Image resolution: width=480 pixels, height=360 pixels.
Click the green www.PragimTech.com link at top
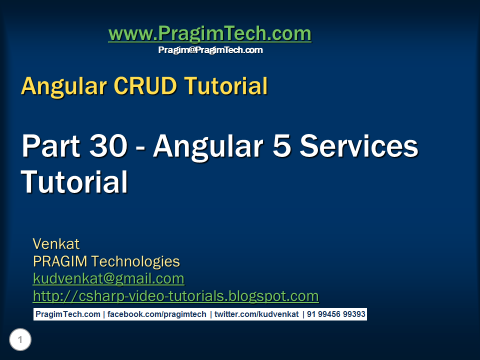coord(209,33)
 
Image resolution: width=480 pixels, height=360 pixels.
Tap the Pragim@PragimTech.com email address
coord(210,50)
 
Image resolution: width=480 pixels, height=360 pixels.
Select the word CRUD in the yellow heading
coord(145,85)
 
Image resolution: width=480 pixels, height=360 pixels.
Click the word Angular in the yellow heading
coord(64,87)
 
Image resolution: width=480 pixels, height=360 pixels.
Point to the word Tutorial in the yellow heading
coord(226,85)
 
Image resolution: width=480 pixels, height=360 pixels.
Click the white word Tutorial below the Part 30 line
coord(74,181)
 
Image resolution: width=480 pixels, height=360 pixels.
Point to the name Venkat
coord(56,244)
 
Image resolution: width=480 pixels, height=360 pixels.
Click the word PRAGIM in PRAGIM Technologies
coord(60,261)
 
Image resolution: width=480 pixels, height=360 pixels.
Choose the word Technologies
coord(135,262)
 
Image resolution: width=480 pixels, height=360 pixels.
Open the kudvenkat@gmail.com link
coord(108,279)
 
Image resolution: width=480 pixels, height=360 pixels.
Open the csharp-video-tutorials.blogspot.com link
coord(175,296)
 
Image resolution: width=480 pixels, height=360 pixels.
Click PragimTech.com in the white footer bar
coord(68,314)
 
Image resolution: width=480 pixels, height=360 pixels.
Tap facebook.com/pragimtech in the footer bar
coord(156,314)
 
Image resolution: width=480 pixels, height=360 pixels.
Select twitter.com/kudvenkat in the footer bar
coord(256,314)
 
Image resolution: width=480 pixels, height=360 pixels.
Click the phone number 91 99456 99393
coord(336,314)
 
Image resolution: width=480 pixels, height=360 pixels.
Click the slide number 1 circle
coord(20,339)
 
